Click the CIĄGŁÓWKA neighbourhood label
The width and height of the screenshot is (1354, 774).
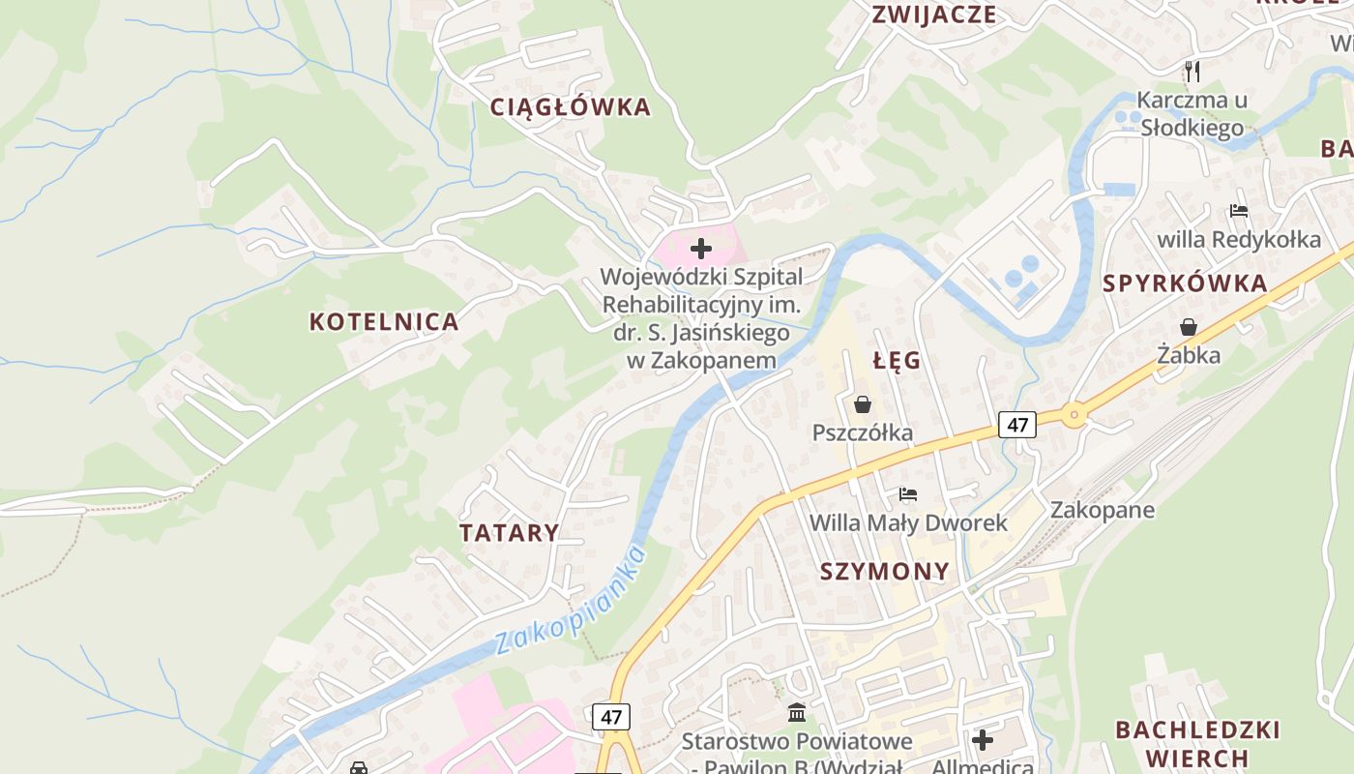coord(571,107)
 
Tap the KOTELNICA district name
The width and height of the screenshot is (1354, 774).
coord(384,322)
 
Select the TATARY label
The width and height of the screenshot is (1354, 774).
coord(510,533)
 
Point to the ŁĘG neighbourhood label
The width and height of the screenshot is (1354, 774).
coord(897,361)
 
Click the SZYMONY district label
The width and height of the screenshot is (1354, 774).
coord(885,571)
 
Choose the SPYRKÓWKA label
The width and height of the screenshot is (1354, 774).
coord(1185,283)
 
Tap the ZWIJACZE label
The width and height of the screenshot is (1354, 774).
coord(933,15)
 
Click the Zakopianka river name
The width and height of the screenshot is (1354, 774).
coord(571,602)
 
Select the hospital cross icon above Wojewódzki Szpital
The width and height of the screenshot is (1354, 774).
coord(701,249)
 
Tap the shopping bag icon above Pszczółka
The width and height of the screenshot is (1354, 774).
coord(863,404)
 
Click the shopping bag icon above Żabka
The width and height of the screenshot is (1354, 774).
coord(1189,328)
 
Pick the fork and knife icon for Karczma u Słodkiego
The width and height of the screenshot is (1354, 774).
coord(1192,71)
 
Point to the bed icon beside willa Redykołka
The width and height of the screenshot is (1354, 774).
coord(1239,210)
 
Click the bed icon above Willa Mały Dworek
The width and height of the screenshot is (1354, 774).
coord(908,494)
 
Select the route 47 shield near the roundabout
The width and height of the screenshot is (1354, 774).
coord(1016,424)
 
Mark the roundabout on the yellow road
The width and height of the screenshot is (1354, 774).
coord(1074,415)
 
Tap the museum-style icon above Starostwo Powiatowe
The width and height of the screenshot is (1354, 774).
coord(797,713)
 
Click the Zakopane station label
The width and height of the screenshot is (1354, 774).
coord(1103,510)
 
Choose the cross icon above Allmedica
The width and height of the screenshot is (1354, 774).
coord(983,741)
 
